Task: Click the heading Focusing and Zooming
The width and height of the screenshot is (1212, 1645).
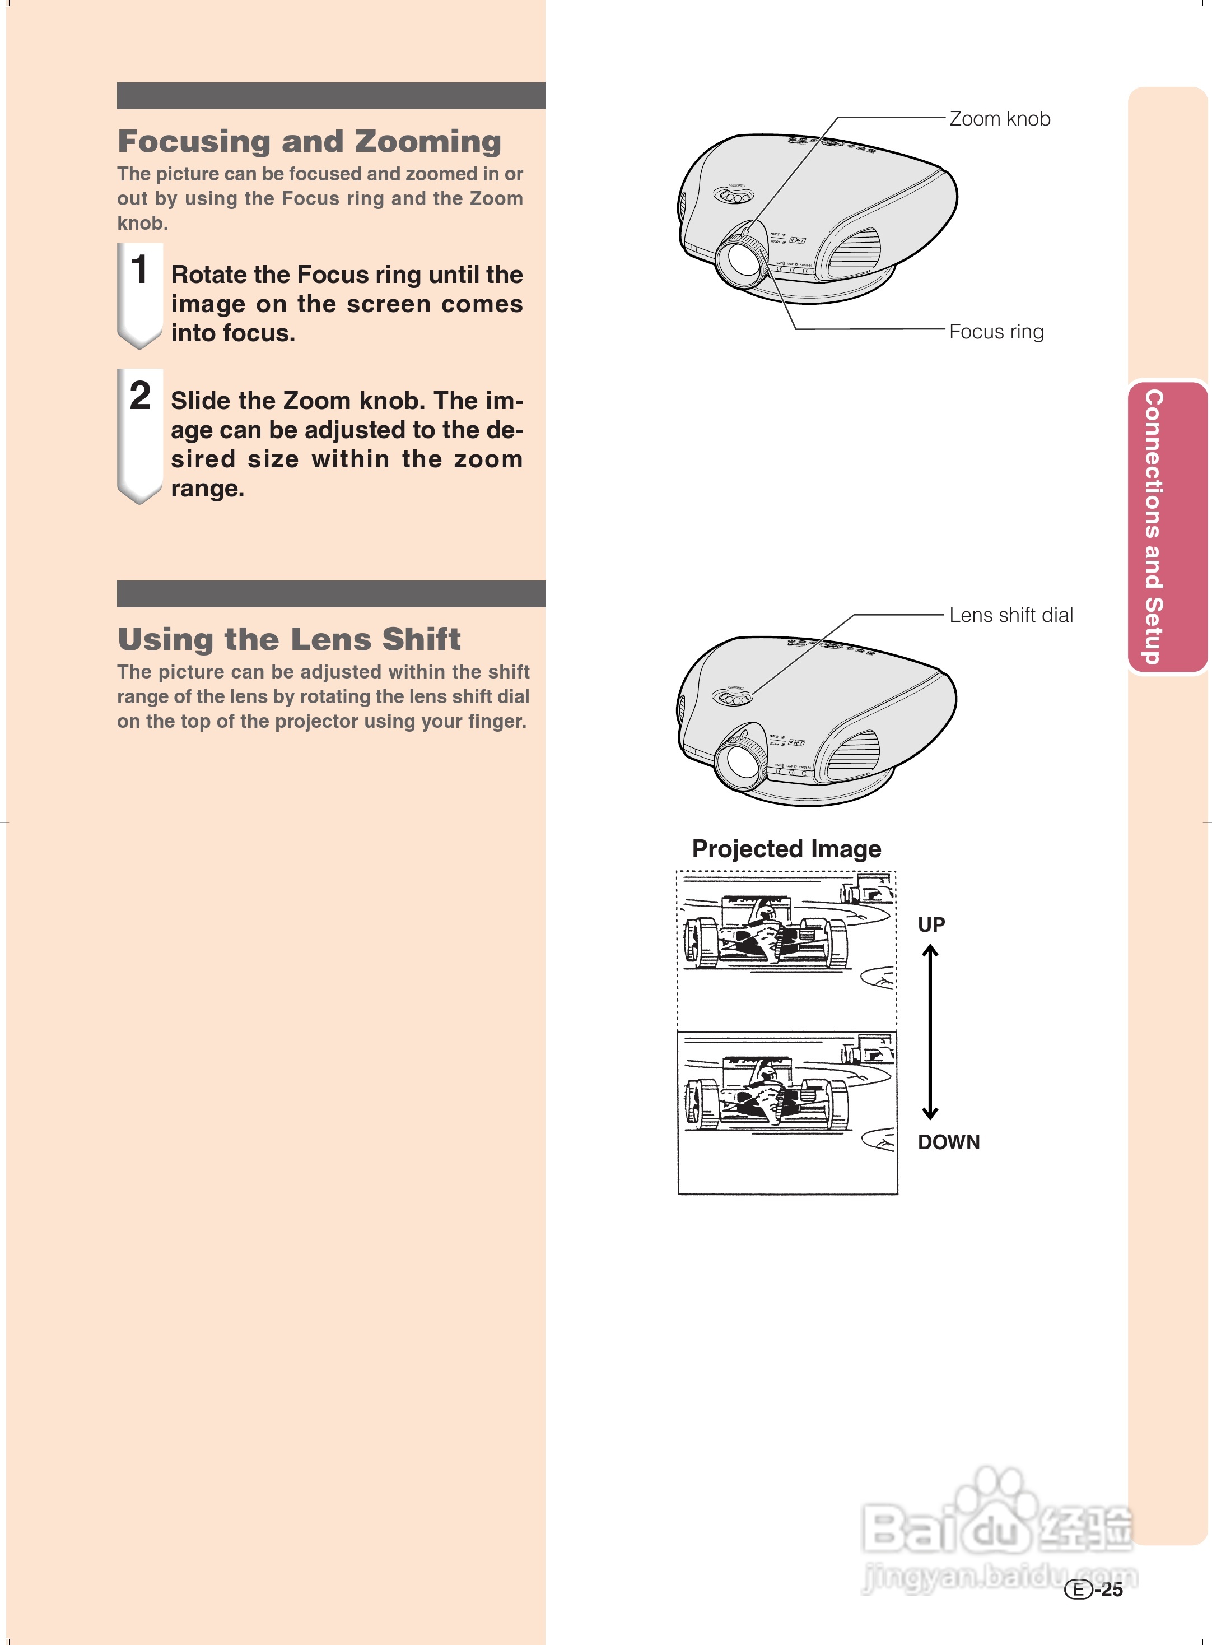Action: coord(309,142)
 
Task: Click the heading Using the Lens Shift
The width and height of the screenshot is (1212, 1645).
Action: coord(289,639)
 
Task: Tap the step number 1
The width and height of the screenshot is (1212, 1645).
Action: coord(139,269)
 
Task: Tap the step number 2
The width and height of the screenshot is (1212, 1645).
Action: coord(140,396)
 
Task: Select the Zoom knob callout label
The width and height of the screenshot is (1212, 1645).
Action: coord(999,119)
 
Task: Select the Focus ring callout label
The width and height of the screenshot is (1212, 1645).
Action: coord(996,332)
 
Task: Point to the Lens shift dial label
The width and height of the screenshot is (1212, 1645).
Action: coord(1010,615)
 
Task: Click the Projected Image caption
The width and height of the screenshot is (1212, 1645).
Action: coord(786,849)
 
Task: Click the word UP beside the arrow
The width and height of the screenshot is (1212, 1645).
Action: coord(931,924)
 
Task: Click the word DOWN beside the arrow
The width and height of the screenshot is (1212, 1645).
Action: coord(949,1142)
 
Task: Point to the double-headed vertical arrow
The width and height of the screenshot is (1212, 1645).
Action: coord(930,1031)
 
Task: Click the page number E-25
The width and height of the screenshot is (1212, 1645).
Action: coord(1094,1589)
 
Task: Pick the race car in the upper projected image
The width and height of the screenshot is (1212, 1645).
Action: coord(766,933)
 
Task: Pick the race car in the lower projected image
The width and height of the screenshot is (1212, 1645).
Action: coord(766,1095)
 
